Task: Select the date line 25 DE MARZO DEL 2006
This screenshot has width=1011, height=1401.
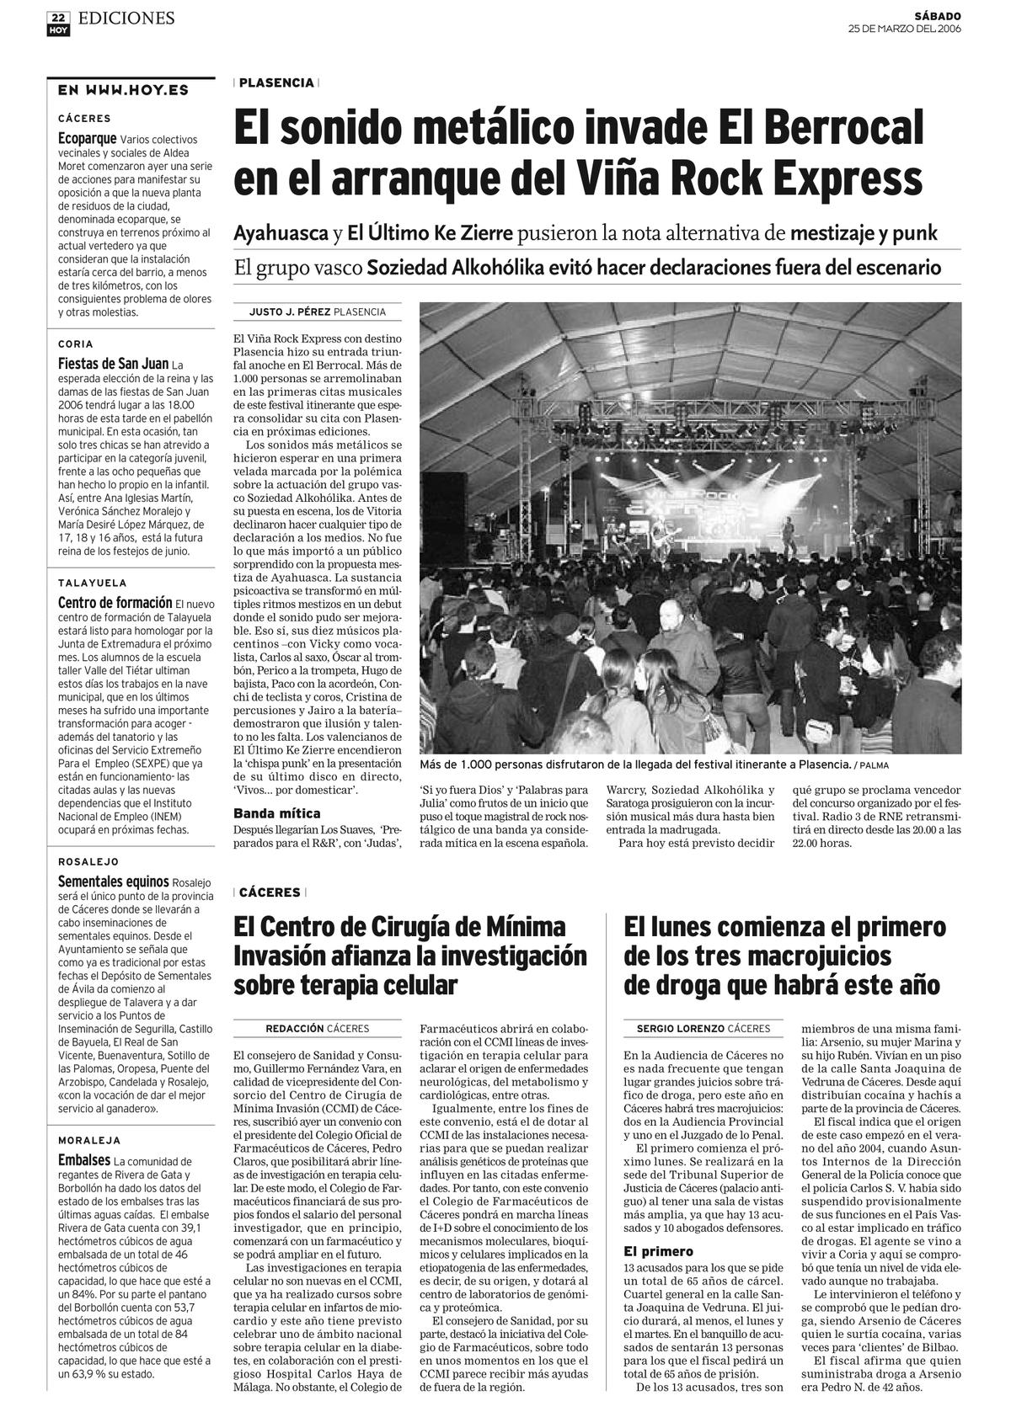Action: coord(904,29)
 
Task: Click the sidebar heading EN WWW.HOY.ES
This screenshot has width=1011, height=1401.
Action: coord(123,90)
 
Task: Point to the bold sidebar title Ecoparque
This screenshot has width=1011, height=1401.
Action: coord(87,138)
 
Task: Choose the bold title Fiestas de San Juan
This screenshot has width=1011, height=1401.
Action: coord(113,364)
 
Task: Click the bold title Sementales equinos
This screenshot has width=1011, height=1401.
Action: coord(113,881)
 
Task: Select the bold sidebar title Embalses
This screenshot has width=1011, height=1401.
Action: coord(84,1159)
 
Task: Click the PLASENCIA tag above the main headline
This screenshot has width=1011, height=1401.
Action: coord(276,83)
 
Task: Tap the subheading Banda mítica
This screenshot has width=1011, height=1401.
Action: coord(277,813)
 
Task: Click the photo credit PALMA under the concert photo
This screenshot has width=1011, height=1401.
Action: coord(875,765)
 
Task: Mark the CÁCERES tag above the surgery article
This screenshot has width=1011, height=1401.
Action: coord(270,892)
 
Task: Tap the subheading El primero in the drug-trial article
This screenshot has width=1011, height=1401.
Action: coord(659,1251)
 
